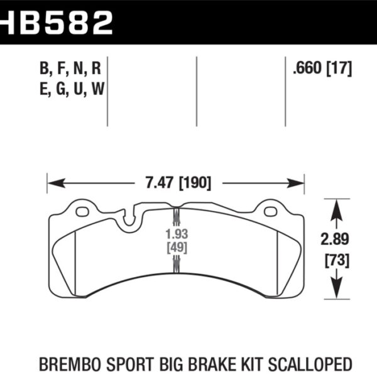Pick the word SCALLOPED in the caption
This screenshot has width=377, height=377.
(x=320, y=364)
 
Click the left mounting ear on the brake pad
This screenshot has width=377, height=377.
(x=82, y=208)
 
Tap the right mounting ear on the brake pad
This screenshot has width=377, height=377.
(x=271, y=208)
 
